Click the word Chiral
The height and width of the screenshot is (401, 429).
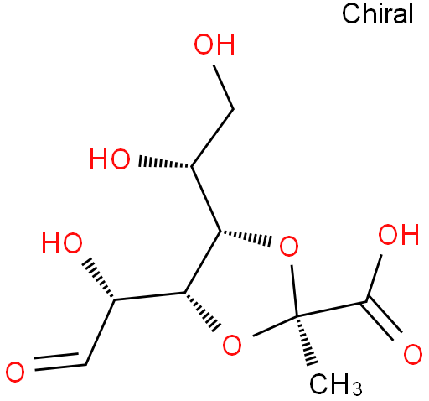point(377,13)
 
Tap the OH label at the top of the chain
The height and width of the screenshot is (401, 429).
point(214,44)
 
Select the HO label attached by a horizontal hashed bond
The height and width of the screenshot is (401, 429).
point(110,159)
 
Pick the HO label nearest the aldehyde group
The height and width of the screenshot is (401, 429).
point(62,242)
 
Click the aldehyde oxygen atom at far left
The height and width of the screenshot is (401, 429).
point(15,372)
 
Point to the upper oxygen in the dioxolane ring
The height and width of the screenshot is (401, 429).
point(289,246)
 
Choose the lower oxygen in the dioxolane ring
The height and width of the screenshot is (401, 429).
point(232,345)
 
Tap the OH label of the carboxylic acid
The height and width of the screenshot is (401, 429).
point(399,234)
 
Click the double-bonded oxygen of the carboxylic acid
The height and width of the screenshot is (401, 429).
point(413,355)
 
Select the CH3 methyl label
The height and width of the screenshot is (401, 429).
point(336,383)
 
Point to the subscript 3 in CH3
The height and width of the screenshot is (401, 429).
point(357,388)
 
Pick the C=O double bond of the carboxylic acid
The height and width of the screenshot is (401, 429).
point(381,320)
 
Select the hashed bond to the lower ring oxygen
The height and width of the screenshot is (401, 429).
point(203,312)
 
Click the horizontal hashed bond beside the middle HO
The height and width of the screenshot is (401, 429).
point(165,163)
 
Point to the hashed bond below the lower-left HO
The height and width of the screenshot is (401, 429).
point(99,279)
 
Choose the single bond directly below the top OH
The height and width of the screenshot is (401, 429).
point(224,87)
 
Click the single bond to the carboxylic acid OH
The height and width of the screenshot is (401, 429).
point(374,279)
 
